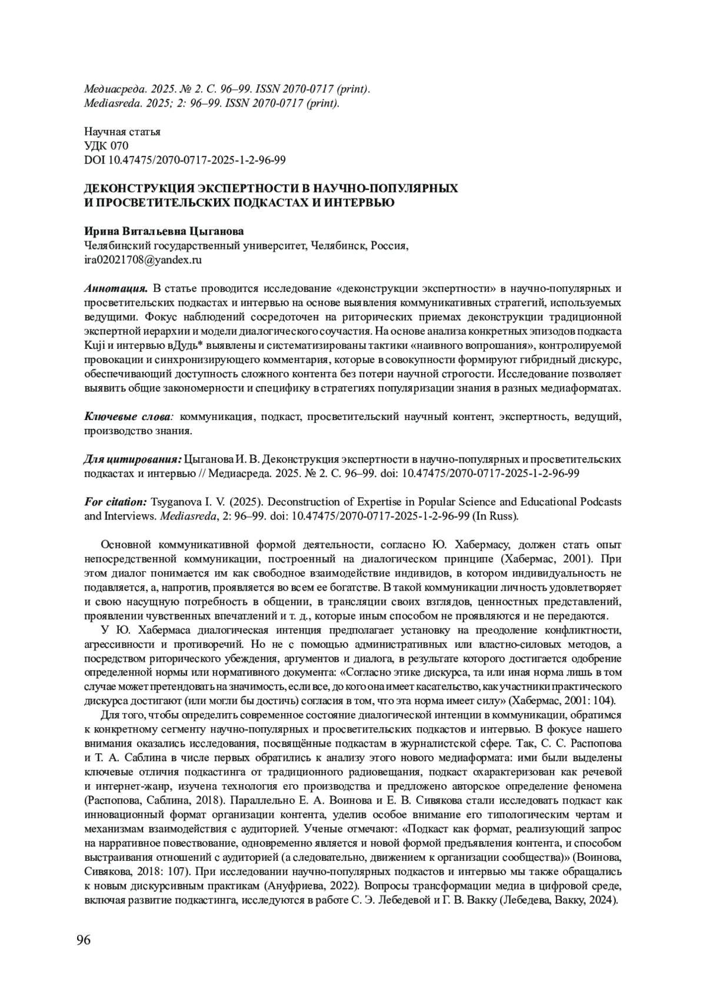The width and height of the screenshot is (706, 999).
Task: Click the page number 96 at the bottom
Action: pyautogui.click(x=84, y=940)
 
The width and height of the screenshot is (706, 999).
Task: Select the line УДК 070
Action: pyautogui.click(x=106, y=146)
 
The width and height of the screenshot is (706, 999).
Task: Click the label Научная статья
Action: pyautogui.click(x=122, y=132)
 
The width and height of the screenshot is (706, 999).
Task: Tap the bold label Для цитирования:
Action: pyautogui.click(x=133, y=459)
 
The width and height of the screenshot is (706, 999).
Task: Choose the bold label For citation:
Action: pyautogui.click(x=115, y=502)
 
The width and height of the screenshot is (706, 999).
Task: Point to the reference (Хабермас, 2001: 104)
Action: pyautogui.click(x=562, y=700)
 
